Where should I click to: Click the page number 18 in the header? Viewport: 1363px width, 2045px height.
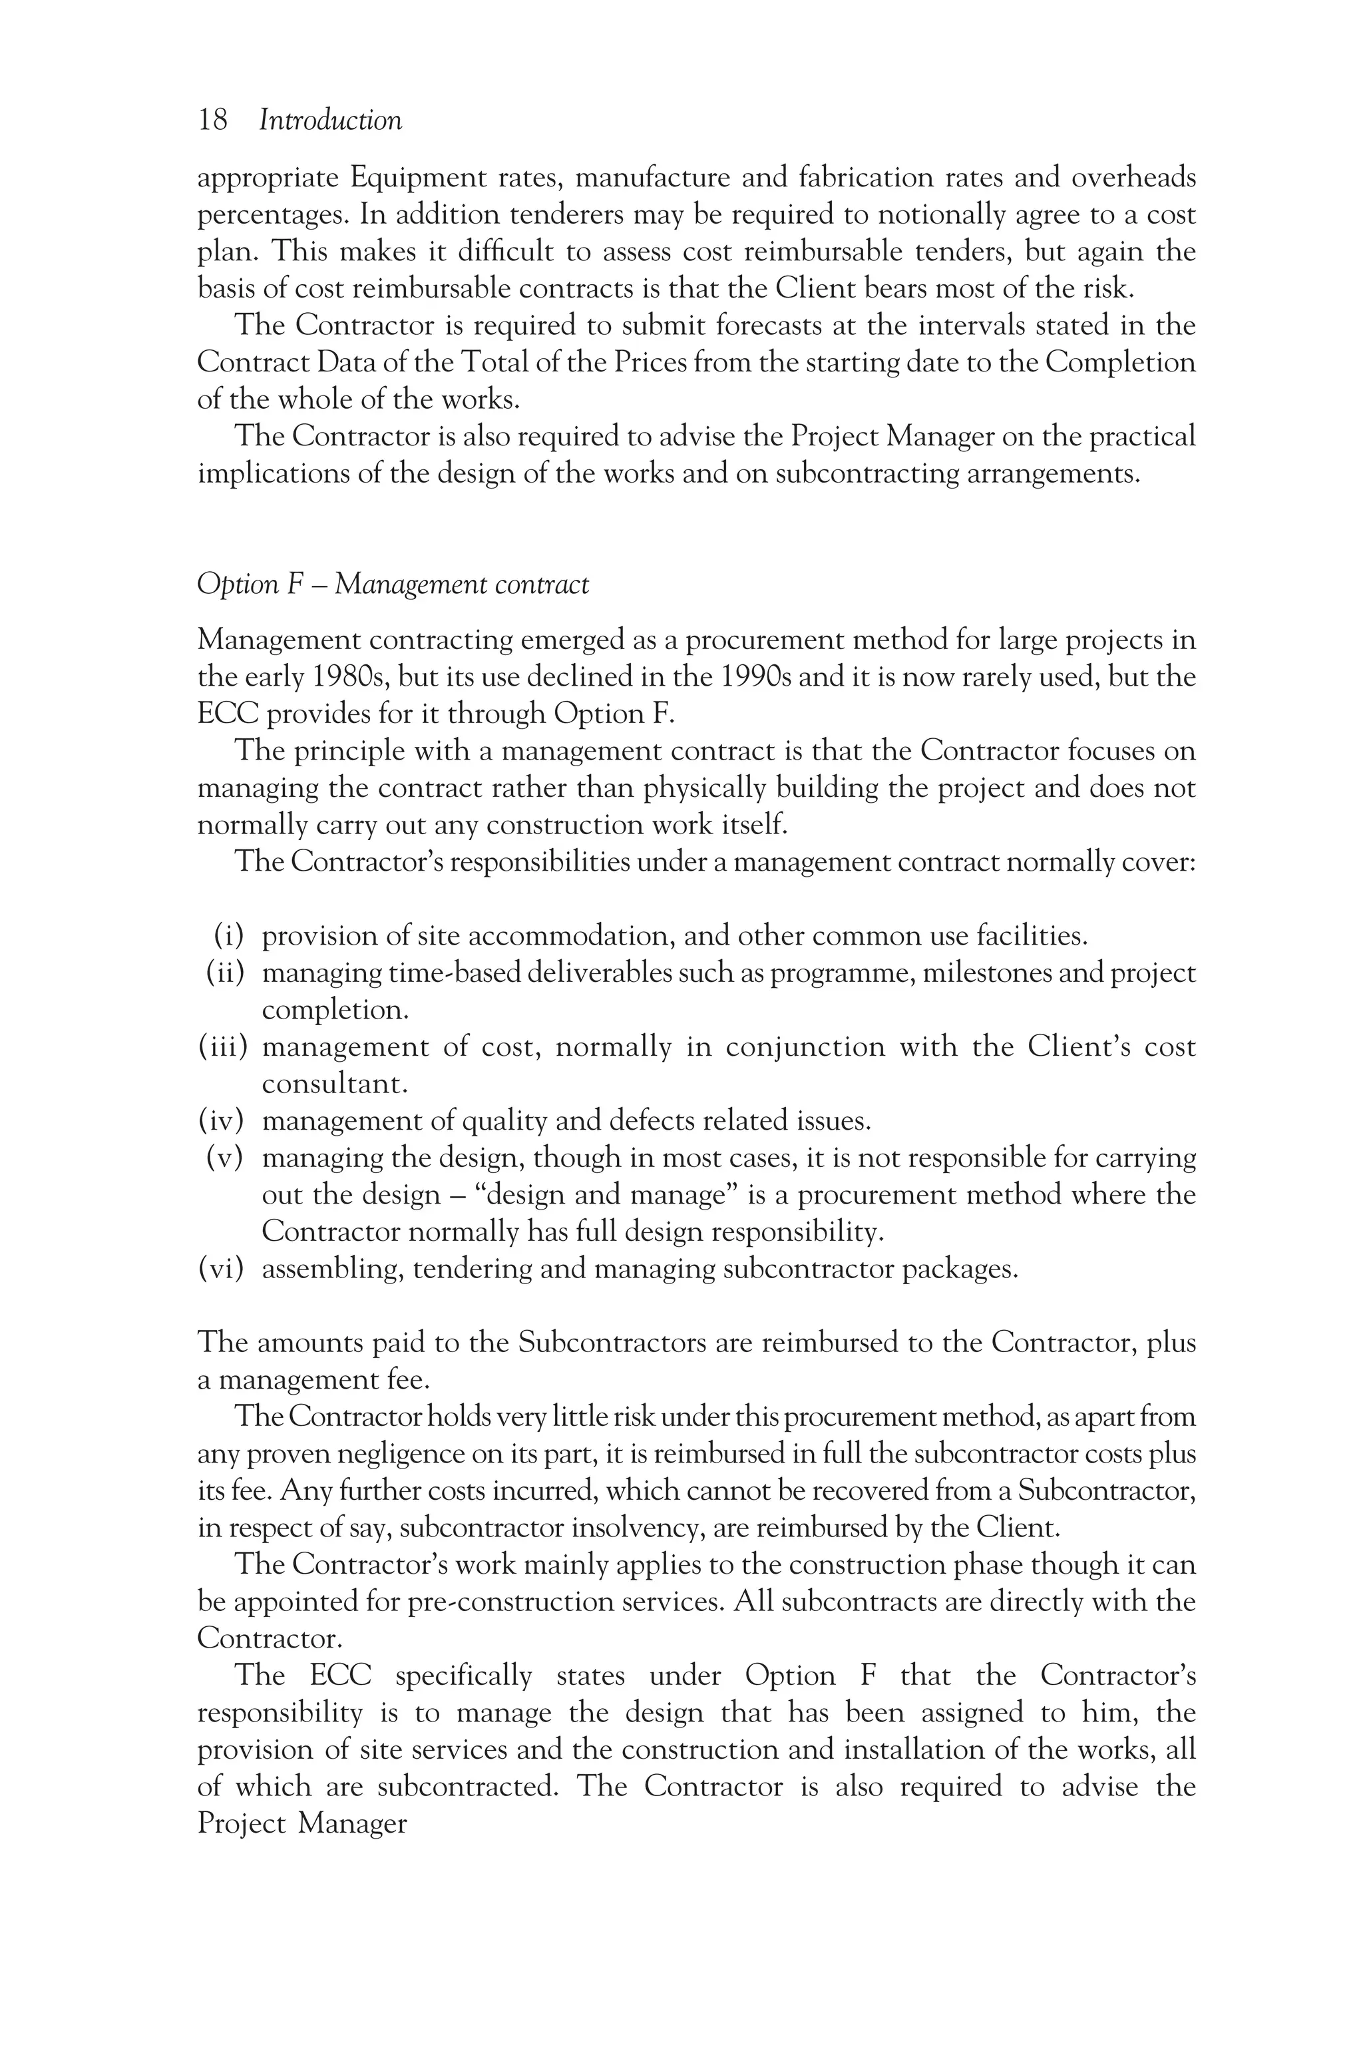pos(213,120)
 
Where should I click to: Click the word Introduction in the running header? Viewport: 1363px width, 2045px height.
pos(330,120)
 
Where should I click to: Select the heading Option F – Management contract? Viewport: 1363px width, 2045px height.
pos(393,584)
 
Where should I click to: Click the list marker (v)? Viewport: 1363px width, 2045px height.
pos(224,1158)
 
